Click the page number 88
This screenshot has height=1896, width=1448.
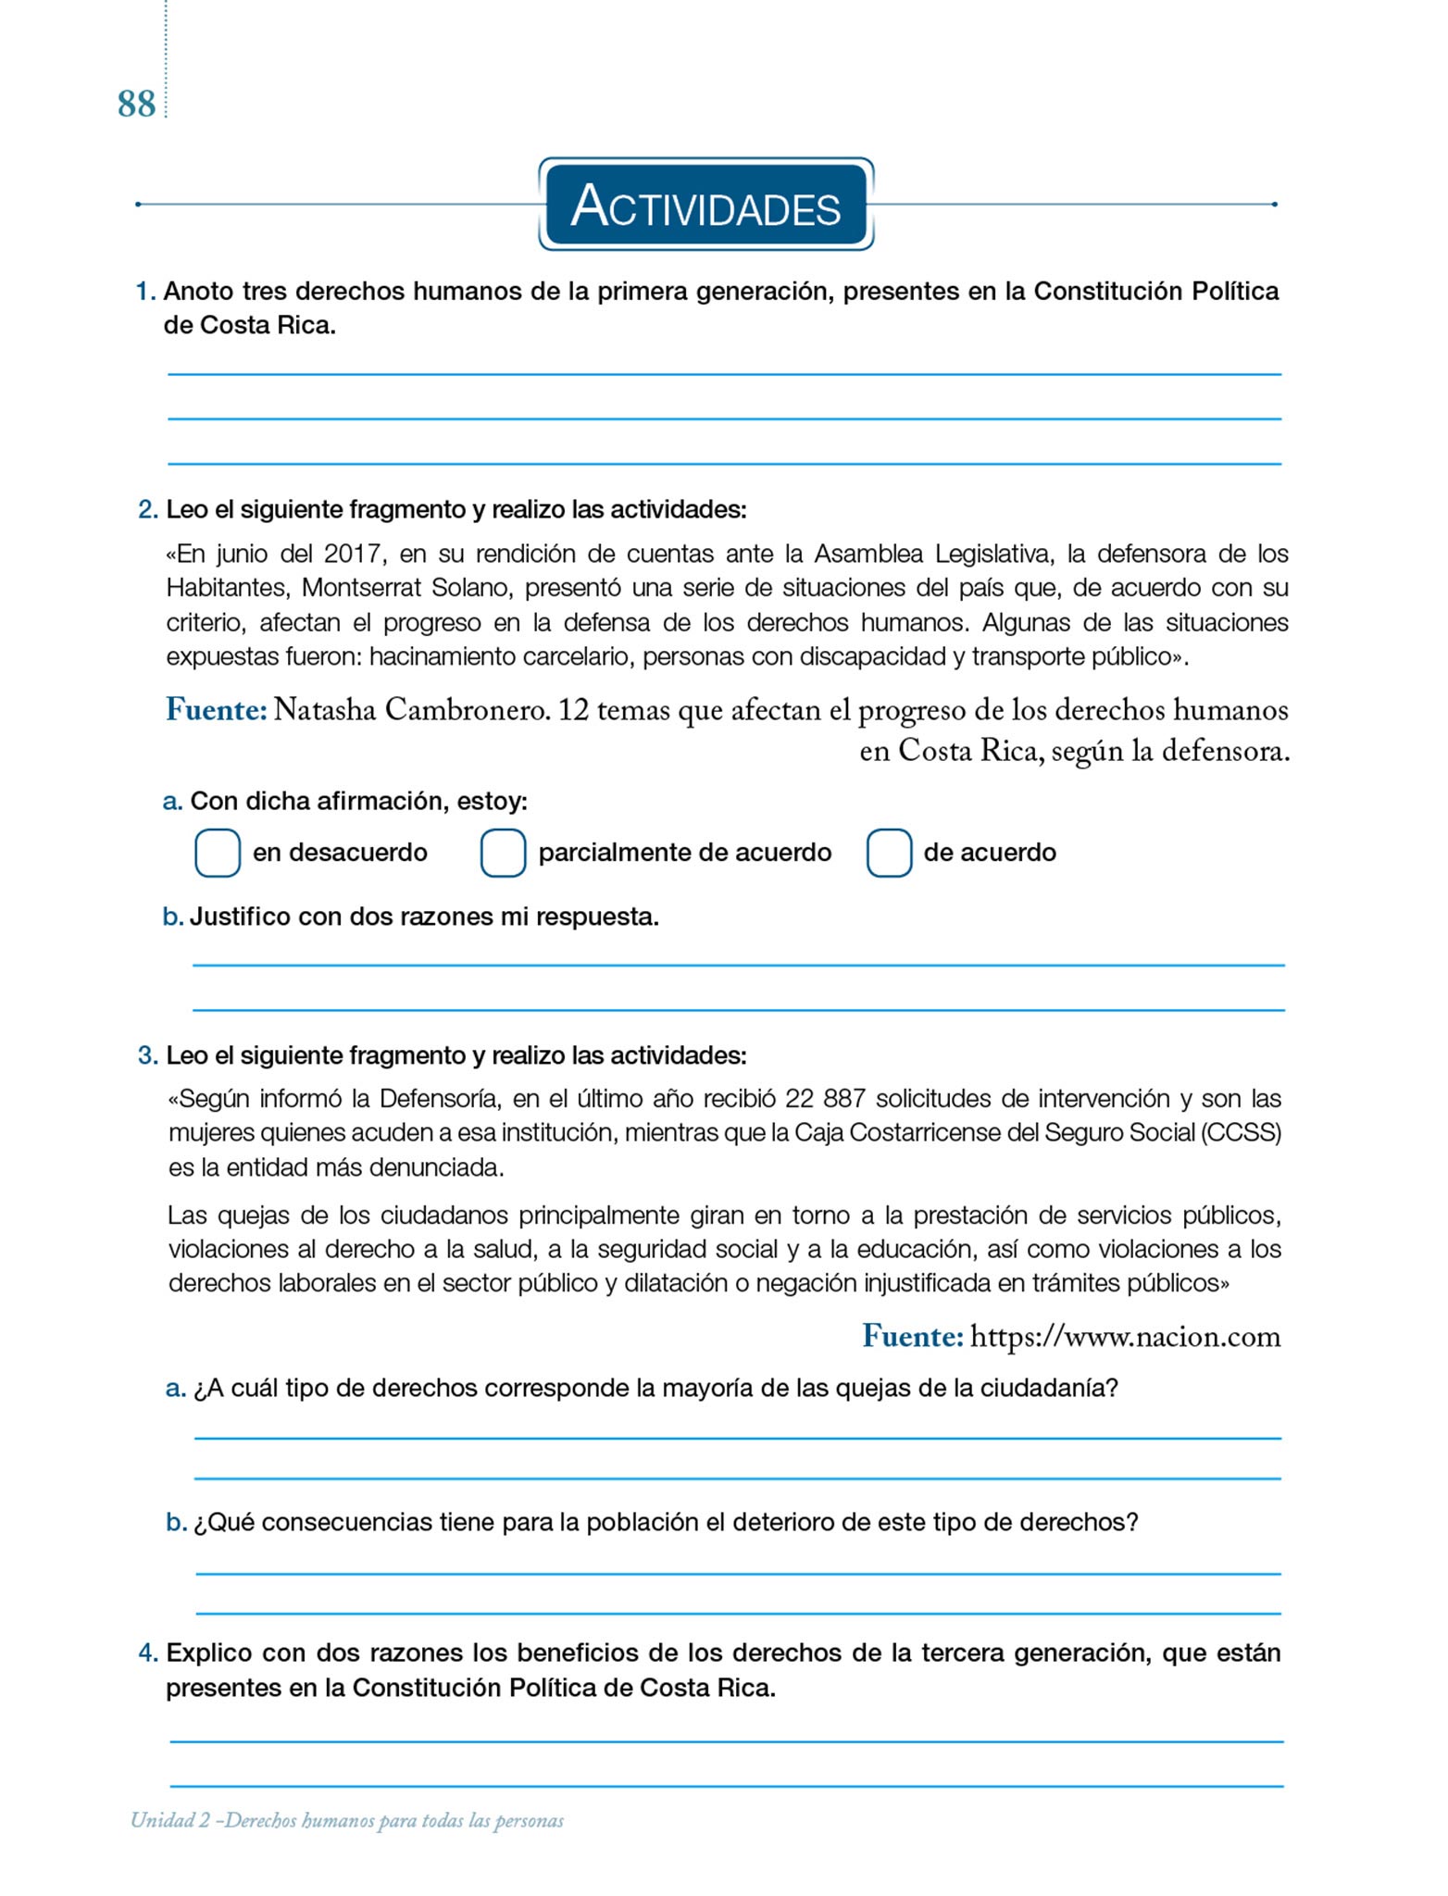click(x=136, y=105)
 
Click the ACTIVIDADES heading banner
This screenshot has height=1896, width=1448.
click(x=705, y=205)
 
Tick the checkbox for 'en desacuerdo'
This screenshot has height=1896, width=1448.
click(x=218, y=853)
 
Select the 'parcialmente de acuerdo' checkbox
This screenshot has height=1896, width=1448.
click(x=503, y=853)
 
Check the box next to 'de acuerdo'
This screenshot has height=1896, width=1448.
click(x=889, y=853)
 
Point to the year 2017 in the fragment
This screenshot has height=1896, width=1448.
click(x=353, y=555)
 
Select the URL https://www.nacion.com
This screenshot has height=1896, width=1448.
click(x=1125, y=1337)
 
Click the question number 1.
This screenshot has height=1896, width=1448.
click(x=144, y=292)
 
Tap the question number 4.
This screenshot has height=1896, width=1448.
click(x=148, y=1653)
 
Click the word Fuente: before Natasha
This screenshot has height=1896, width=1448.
click(x=217, y=711)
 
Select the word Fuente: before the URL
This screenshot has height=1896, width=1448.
click(x=913, y=1337)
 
